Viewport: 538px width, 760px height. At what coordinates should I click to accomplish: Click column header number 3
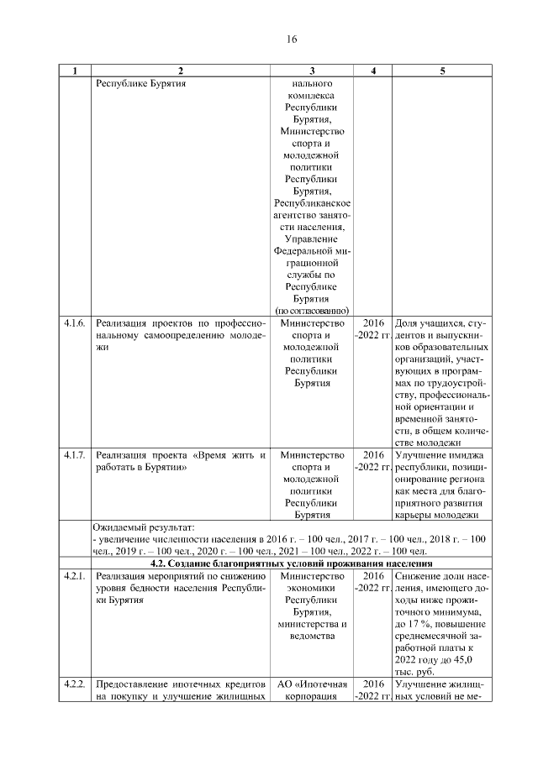(312, 71)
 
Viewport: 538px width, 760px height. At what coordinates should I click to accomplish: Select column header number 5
(442, 71)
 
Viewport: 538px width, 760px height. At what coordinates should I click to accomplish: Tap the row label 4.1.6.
(75, 322)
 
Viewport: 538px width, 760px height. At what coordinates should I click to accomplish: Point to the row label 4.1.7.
(75, 455)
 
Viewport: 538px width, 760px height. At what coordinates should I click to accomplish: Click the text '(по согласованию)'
(312, 310)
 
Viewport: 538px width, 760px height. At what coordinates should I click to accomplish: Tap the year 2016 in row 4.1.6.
(373, 322)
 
